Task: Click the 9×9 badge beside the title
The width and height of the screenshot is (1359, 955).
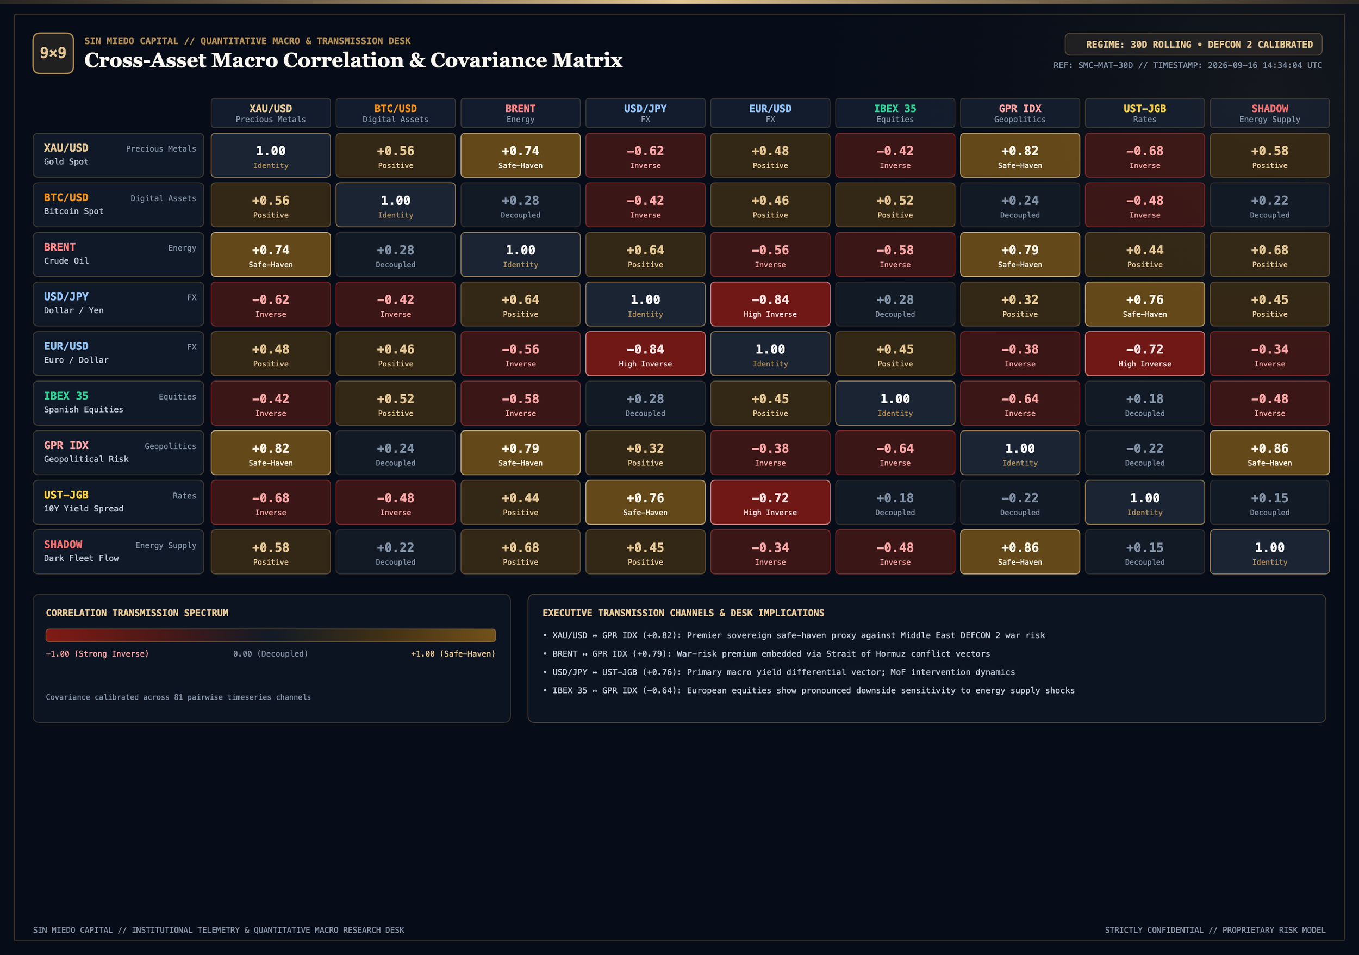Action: click(x=53, y=53)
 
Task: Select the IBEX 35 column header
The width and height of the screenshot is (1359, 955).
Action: click(x=895, y=113)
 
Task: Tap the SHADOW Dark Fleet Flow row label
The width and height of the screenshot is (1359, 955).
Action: click(x=119, y=552)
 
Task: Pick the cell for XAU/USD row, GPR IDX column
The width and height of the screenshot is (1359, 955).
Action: click(x=1020, y=155)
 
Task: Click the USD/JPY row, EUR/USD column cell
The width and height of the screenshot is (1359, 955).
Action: click(x=770, y=304)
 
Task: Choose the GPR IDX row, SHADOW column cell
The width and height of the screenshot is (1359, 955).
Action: click(x=1270, y=453)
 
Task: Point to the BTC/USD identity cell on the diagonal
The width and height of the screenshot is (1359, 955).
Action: click(x=395, y=205)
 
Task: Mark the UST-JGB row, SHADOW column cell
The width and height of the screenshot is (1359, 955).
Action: click(x=1270, y=502)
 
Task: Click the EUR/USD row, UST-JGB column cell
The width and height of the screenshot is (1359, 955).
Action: click(x=1145, y=353)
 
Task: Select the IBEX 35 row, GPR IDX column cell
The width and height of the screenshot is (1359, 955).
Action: click(x=1020, y=403)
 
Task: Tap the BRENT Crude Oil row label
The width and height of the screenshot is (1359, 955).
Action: click(x=119, y=254)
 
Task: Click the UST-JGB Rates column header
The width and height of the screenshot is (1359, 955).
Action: click(x=1145, y=113)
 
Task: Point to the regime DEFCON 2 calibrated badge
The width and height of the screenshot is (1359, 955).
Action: click(x=1193, y=45)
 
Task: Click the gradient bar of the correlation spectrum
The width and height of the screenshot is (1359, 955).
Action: click(x=271, y=635)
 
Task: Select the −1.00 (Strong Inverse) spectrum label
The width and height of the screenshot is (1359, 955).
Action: click(x=97, y=654)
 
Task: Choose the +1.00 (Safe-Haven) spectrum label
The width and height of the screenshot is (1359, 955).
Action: click(x=453, y=654)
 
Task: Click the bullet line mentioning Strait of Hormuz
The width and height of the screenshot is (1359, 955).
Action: click(x=766, y=654)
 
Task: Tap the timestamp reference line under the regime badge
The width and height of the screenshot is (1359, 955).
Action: click(x=1187, y=65)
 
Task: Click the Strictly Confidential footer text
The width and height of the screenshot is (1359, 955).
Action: click(x=1215, y=930)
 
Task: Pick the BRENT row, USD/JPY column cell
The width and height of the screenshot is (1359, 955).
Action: click(x=645, y=254)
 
